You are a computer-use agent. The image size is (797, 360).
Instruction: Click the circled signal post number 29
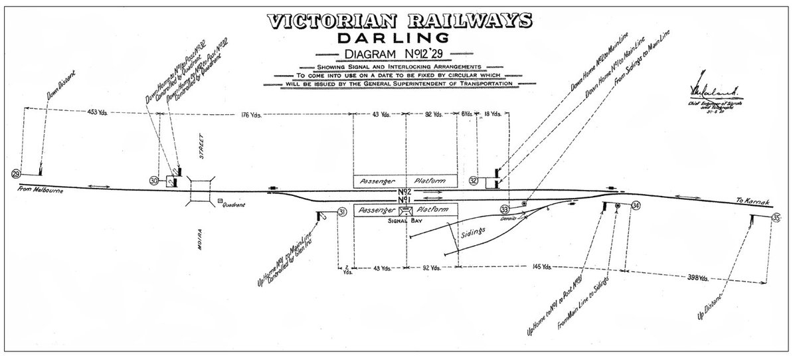coord(16,174)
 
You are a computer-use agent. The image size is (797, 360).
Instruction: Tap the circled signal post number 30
coord(153,180)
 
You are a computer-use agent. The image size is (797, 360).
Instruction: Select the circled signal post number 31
coord(342,212)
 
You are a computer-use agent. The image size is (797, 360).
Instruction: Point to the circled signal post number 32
coord(474,180)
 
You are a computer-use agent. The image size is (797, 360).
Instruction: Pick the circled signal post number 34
coord(636,205)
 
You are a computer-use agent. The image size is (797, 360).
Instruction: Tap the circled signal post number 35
coord(777,214)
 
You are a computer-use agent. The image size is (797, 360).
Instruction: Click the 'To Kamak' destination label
coord(751,201)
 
